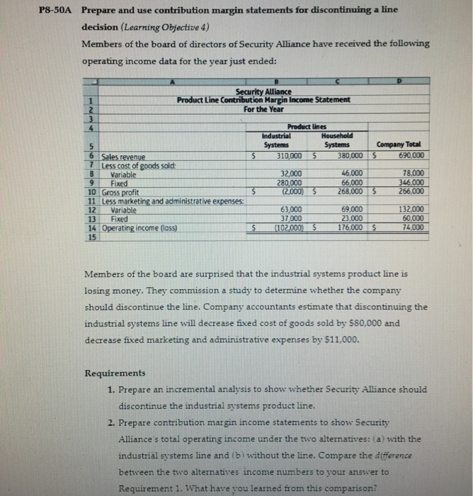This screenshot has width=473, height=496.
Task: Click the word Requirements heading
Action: (x=115, y=373)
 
